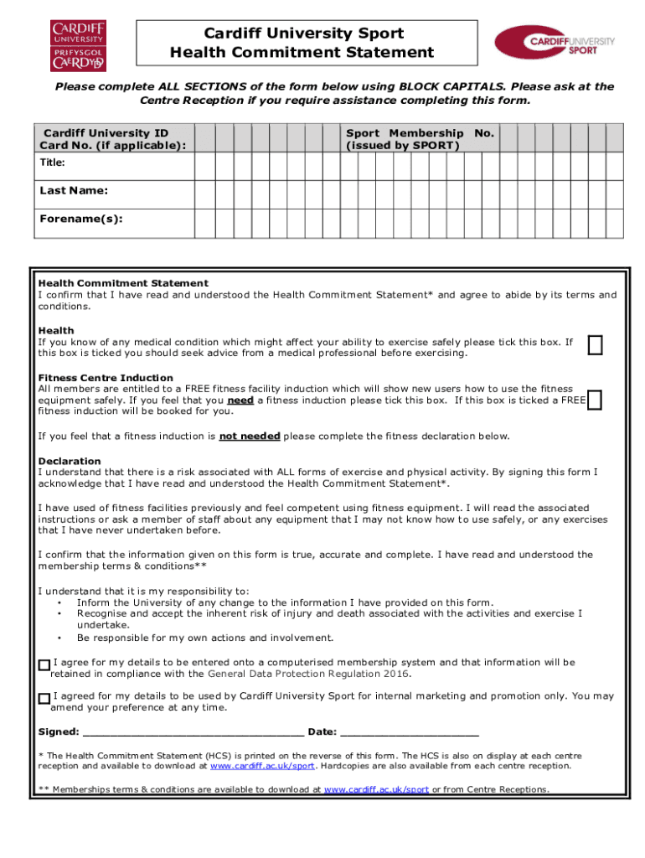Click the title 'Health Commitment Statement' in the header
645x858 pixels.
pyautogui.click(x=302, y=53)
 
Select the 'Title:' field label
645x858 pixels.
pyautogui.click(x=53, y=163)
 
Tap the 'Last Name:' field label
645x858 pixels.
pyautogui.click(x=74, y=191)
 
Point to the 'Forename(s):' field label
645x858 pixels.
pyautogui.click(x=81, y=219)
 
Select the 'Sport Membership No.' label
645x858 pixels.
pyautogui.click(x=420, y=139)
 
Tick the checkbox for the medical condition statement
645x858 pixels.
pyautogui.click(x=595, y=345)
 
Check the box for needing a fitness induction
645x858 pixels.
pyautogui.click(x=595, y=401)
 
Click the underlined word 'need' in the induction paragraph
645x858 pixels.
pyautogui.click(x=240, y=401)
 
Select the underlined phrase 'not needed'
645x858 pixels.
pyautogui.click(x=250, y=437)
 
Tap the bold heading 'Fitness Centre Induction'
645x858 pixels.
pyautogui.click(x=106, y=378)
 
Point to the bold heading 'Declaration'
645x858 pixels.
pyautogui.click(x=70, y=462)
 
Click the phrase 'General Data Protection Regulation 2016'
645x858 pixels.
pyautogui.click(x=309, y=674)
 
